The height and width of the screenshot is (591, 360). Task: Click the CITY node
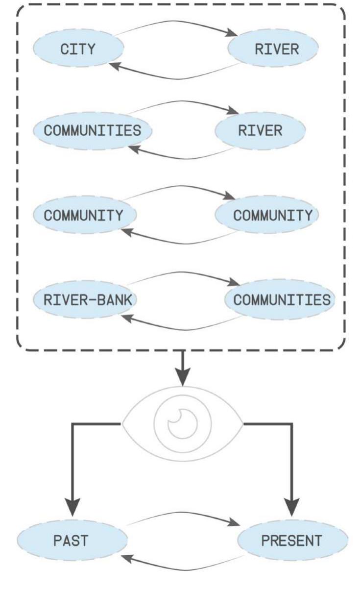point(78,49)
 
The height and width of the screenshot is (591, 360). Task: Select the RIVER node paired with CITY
point(276,49)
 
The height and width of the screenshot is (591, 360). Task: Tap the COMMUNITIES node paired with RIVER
point(92,131)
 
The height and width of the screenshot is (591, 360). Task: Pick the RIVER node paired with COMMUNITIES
point(260,131)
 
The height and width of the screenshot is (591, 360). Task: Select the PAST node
point(72,541)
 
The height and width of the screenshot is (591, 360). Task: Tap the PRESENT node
point(292,541)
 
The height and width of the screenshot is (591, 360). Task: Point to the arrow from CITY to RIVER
point(176,22)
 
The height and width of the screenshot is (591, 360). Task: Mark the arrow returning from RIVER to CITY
point(176,77)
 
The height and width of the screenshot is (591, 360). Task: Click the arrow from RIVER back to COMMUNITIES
point(181,158)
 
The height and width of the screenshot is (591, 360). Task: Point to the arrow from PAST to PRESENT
point(181,513)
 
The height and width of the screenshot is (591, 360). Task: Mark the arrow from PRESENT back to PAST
point(181,569)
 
